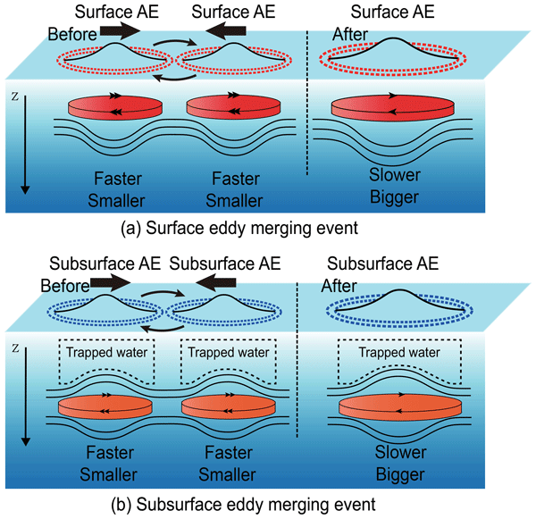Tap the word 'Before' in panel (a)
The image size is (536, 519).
click(x=68, y=34)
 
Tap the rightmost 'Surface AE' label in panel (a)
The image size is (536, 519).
click(x=392, y=12)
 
